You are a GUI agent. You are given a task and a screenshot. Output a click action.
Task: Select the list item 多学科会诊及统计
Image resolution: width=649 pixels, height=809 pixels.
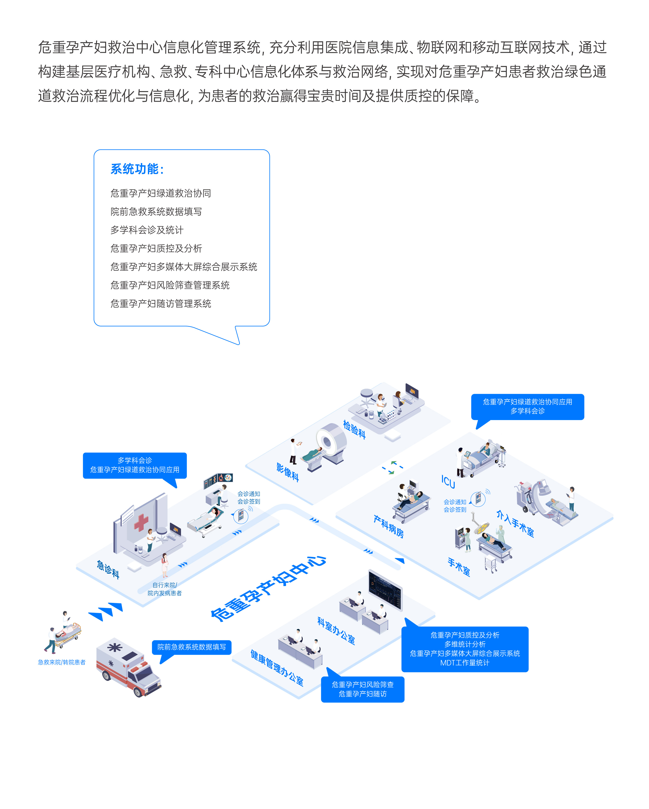coord(147,230)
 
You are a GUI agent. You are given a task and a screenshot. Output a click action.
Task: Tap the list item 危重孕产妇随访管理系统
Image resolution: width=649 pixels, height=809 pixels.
coord(161,304)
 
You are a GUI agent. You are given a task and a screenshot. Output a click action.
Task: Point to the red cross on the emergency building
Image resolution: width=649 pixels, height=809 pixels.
coord(141,522)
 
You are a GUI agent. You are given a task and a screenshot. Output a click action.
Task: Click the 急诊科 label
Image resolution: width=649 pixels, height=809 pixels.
coord(108,569)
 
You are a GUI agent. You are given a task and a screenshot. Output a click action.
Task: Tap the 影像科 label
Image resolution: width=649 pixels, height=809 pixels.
coord(288,472)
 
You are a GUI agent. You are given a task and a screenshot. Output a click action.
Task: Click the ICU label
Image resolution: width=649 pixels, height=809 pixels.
coord(448,482)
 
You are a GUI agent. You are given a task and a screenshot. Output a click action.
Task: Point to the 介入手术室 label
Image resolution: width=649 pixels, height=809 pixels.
coord(515,523)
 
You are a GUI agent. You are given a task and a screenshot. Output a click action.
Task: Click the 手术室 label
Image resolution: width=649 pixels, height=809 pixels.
coord(459,567)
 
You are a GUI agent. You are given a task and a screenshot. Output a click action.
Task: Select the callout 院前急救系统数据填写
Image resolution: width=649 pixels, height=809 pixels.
coord(191,647)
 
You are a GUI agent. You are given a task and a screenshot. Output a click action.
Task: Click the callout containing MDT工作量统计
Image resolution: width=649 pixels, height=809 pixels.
coord(465,649)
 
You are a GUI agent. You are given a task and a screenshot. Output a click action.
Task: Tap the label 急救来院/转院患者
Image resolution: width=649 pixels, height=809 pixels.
coord(62,662)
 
